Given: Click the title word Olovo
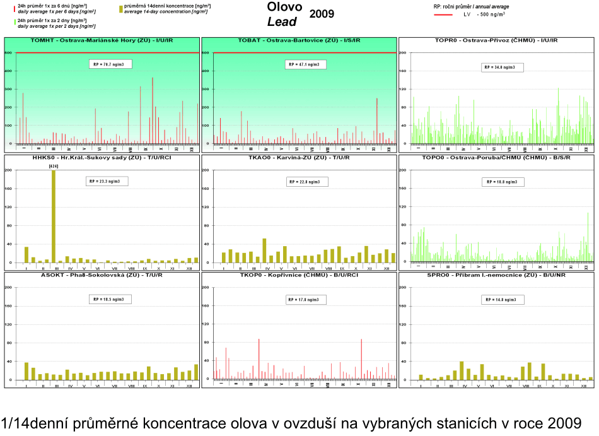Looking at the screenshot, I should point(284,7).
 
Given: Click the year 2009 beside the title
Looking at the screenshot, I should point(322,14).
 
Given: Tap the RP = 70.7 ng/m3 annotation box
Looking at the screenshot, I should point(110,64).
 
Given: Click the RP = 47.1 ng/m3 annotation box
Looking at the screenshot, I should point(304,64).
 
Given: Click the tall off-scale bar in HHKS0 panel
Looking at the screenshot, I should point(53,215).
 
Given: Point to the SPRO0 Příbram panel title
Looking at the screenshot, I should point(496,275).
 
